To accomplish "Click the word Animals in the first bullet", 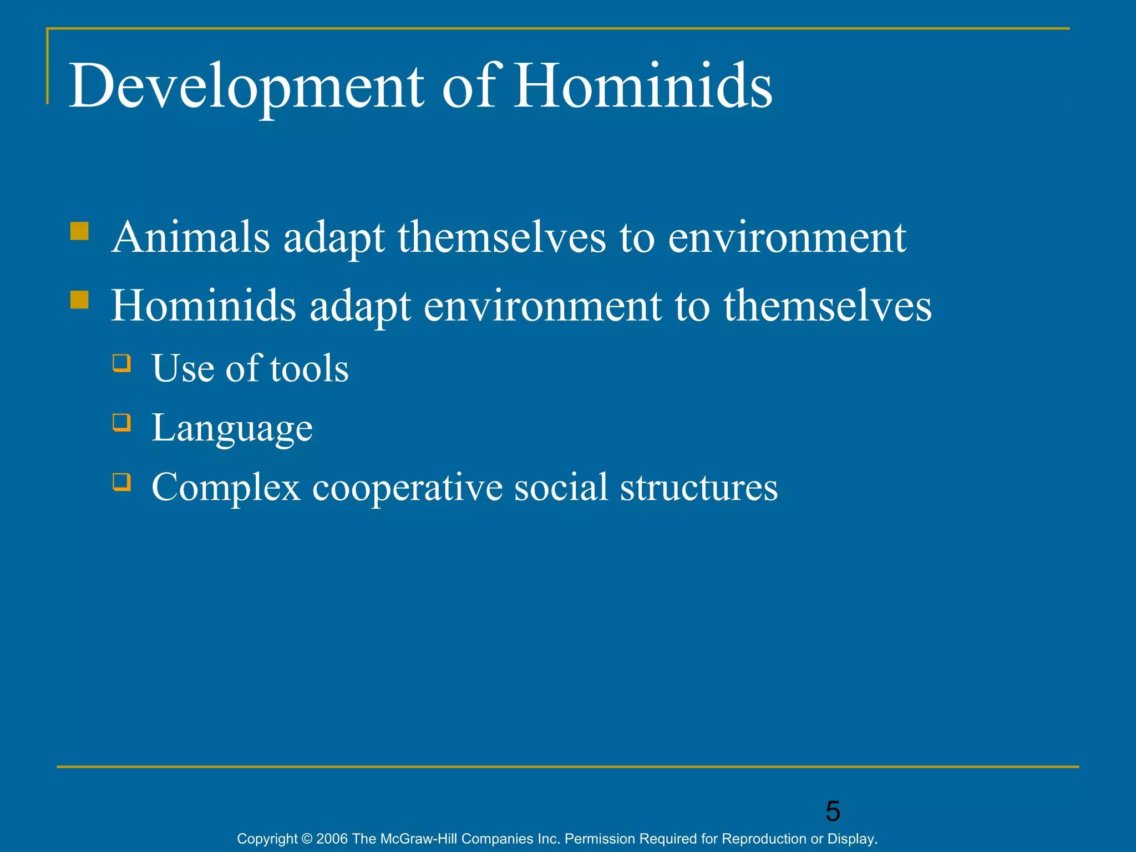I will (190, 237).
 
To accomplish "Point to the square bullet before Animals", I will (80, 231).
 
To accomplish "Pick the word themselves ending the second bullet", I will (827, 306).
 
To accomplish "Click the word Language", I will (232, 428).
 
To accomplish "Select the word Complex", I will (226, 488).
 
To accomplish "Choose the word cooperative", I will (407, 488).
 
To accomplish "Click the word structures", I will (698, 488).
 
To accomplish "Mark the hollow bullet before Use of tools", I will (121, 363).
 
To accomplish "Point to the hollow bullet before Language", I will (121, 423).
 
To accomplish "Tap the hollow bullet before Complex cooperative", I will (121, 481).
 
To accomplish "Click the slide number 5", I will (833, 812).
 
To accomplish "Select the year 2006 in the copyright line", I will (332, 839).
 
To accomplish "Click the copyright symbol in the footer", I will (307, 839).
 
